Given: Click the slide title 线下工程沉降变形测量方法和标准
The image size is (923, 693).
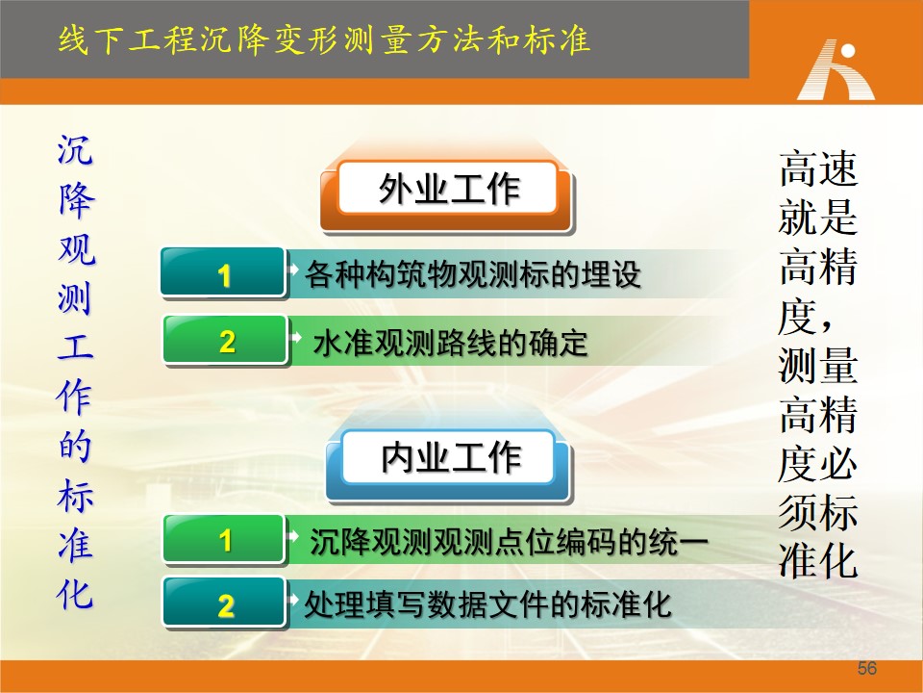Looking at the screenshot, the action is [324, 40].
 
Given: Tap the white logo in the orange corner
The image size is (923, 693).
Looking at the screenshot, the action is [836, 69].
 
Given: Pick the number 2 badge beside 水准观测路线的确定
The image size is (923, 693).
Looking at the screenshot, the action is [225, 341].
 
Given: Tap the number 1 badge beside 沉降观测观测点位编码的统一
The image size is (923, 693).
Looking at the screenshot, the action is [224, 540].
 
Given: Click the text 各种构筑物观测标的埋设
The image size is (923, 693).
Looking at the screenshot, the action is [473, 274].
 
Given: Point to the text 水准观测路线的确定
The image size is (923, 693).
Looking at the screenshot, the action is [450, 343].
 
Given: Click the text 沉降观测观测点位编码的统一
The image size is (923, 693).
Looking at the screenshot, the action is [510, 541].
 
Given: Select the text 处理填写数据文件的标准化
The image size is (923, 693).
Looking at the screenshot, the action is [488, 604].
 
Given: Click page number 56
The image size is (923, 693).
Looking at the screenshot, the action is [867, 668].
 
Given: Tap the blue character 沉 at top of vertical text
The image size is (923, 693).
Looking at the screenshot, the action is [75, 150].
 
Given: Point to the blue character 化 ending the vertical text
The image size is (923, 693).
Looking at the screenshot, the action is [75, 594].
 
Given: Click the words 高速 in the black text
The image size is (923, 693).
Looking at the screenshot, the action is [818, 169].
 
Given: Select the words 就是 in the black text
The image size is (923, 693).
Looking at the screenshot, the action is [818, 218].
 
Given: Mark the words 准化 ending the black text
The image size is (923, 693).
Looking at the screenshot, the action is [818, 560].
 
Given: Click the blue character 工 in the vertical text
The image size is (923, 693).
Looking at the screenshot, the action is [75, 346].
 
